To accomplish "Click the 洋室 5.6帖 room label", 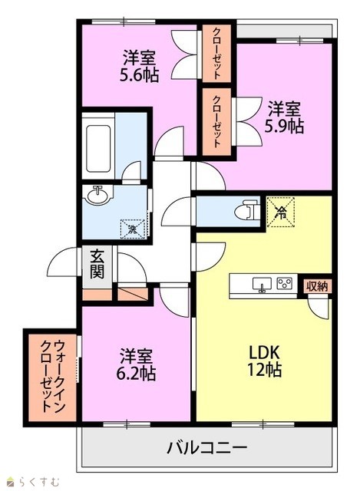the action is pyautogui.click(x=139, y=67).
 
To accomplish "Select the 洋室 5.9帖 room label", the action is pyautogui.click(x=284, y=117).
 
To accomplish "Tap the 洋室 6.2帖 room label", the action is pyautogui.click(x=137, y=364).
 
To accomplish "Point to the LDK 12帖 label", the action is pyautogui.click(x=264, y=361).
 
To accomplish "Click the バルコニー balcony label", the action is pyautogui.click(x=206, y=447).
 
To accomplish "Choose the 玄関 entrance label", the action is pyautogui.click(x=97, y=265).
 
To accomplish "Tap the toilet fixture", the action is pyautogui.click(x=247, y=211).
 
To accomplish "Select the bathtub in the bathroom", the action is pyautogui.click(x=98, y=149).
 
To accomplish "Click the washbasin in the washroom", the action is pyautogui.click(x=99, y=196).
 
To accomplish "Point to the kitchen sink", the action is pyautogui.click(x=262, y=284).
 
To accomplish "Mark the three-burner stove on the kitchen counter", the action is pyautogui.click(x=285, y=284).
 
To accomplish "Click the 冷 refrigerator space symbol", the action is pyautogui.click(x=280, y=212).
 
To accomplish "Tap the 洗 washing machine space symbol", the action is pyautogui.click(x=133, y=229).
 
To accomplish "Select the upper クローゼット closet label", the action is pyautogui.click(x=216, y=53).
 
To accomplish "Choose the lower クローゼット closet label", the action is pyautogui.click(x=216, y=121).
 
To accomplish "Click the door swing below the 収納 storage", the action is pyautogui.click(x=319, y=308).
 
